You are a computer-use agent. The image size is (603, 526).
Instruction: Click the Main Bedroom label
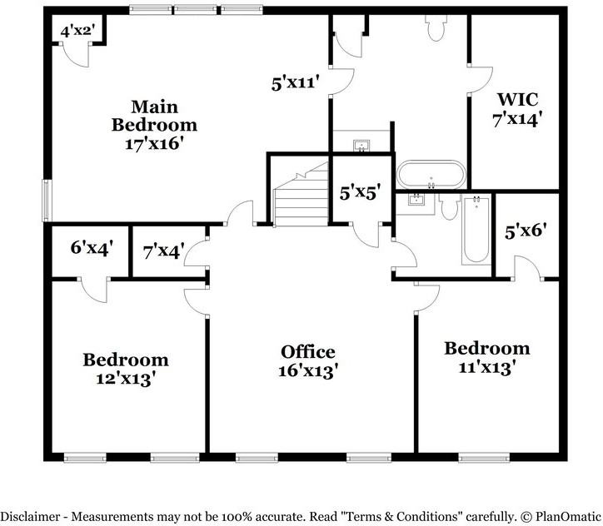tap(155, 116)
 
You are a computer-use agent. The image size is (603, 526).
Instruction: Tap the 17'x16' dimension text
tap(155, 142)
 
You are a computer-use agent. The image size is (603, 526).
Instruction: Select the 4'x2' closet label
tap(77, 32)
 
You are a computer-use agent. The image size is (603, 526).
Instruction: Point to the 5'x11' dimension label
tap(297, 83)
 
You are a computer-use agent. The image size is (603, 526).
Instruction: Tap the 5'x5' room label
tap(361, 191)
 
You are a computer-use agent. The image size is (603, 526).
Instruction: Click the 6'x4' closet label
tap(92, 246)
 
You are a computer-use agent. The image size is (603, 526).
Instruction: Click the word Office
tap(308, 351)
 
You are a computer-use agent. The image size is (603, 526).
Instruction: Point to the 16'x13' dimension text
tap(308, 371)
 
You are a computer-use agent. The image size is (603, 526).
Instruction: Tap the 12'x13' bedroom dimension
tap(126, 378)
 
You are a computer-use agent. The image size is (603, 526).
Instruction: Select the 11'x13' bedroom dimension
tap(486, 366)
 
